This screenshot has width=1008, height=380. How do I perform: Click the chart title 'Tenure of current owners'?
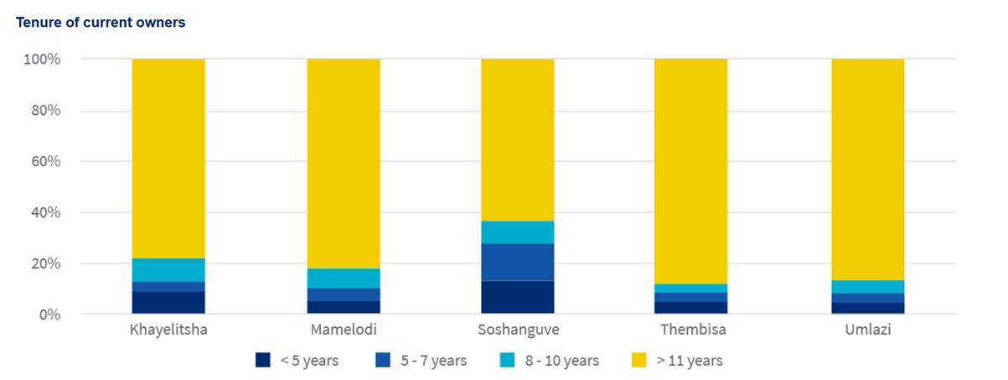[101, 23]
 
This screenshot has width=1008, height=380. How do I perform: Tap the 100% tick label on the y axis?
[42, 60]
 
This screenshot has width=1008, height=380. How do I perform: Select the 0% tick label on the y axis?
[48, 315]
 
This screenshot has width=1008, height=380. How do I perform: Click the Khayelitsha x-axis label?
[168, 330]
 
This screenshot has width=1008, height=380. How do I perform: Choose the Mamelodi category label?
[344, 330]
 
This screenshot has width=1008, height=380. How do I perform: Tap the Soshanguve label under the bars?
[517, 330]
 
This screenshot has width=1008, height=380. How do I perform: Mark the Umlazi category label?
[867, 330]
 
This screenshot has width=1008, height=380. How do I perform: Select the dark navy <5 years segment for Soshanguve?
[517, 297]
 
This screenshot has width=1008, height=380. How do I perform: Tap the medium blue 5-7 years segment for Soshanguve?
[517, 262]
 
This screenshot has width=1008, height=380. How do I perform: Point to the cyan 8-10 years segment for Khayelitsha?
[168, 270]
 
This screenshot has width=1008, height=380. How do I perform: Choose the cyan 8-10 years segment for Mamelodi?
[344, 278]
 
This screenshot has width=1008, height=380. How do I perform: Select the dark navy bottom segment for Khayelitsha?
[168, 302]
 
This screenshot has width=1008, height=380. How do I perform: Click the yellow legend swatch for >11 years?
[638, 361]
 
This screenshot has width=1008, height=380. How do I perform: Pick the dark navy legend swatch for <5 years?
[263, 361]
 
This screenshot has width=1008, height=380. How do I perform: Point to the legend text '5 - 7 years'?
[433, 361]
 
